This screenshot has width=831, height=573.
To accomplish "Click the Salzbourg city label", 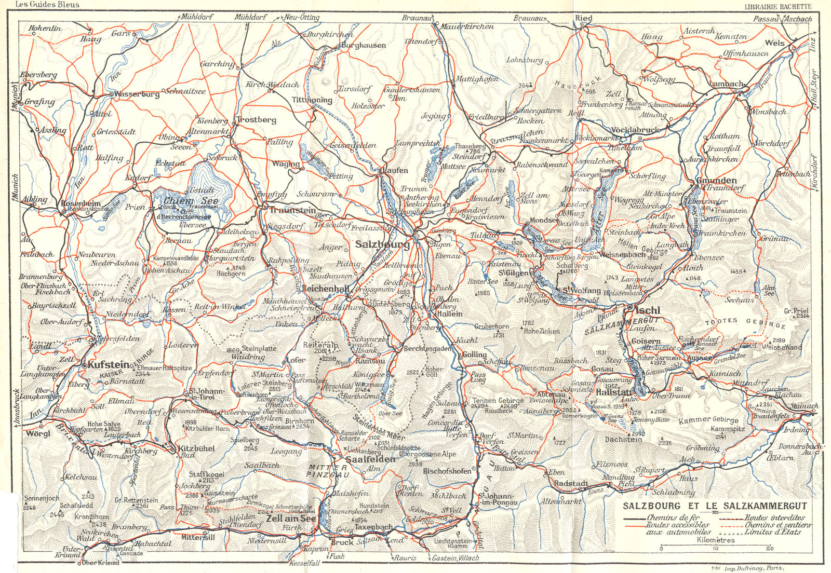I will (x=383, y=244).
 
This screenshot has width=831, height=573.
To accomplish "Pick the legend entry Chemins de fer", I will (x=673, y=517).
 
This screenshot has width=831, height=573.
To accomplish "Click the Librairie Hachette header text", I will (x=778, y=6).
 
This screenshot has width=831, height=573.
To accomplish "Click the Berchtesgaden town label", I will (x=428, y=349).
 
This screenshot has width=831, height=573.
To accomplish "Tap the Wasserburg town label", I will (x=136, y=94).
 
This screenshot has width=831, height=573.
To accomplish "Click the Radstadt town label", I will (x=571, y=483).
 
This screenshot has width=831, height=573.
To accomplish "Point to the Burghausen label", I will (x=364, y=46).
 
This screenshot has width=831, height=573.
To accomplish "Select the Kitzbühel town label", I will (x=196, y=448).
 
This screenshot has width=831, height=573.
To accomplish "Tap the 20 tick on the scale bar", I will (x=769, y=548).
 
